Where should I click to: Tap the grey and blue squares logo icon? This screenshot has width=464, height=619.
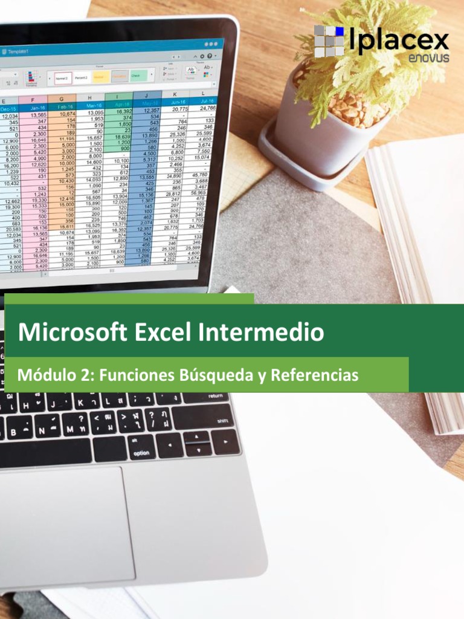point(329,41)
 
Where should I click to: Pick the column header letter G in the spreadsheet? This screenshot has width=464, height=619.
point(62,99)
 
